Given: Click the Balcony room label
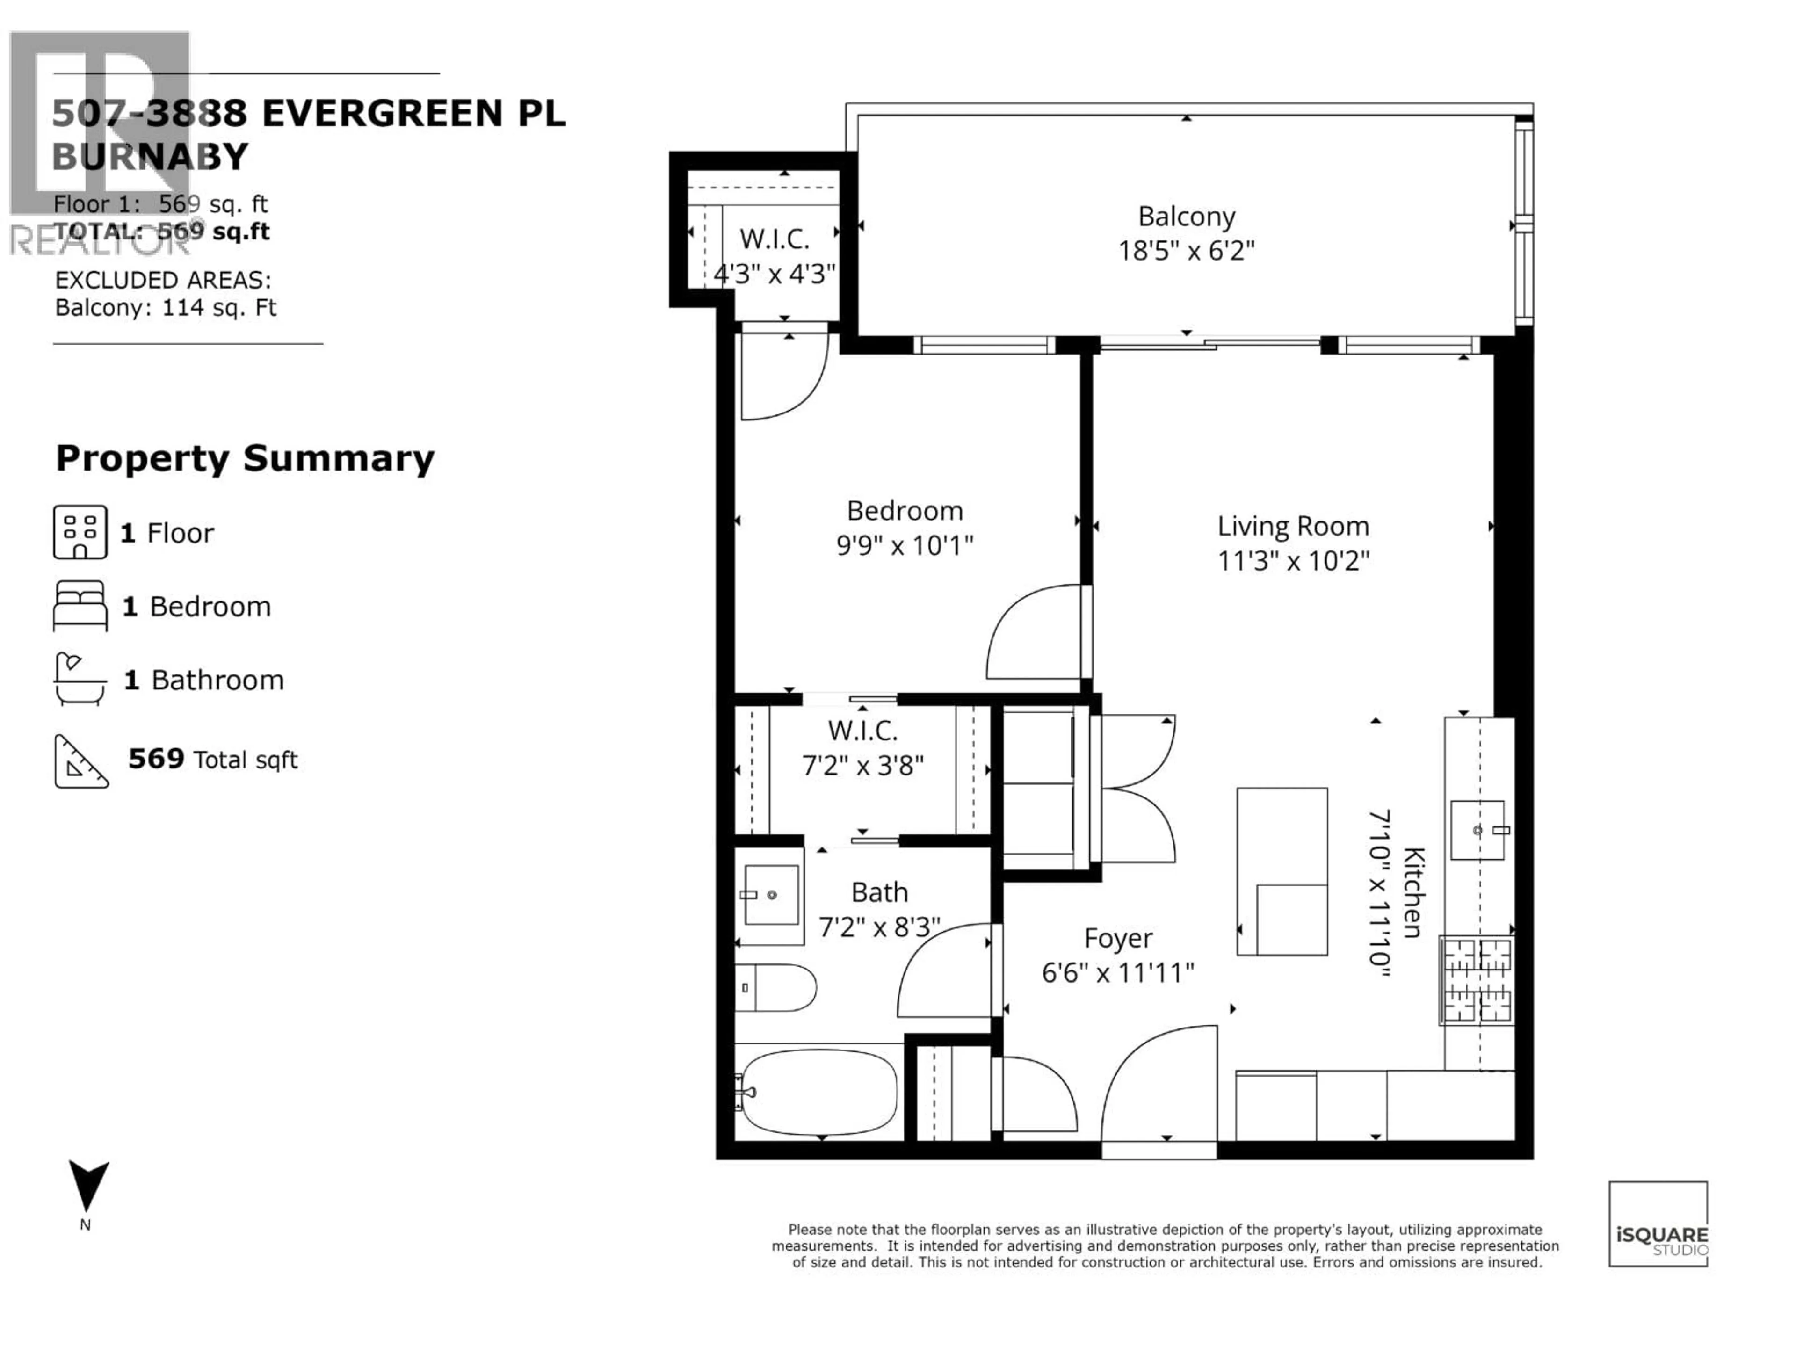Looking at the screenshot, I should (x=1186, y=217).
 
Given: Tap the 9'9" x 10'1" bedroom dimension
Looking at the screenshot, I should (x=905, y=546).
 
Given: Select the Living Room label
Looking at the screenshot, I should (x=1293, y=526).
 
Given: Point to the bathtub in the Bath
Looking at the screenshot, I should (x=818, y=1092).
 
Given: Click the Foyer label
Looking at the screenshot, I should (x=1118, y=939).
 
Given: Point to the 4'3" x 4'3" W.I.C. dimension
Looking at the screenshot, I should (x=774, y=275).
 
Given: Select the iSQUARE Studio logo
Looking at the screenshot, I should (x=1658, y=1224).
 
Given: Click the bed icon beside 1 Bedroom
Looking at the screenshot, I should (x=80, y=606).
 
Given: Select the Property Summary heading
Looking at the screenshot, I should (x=245, y=459).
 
